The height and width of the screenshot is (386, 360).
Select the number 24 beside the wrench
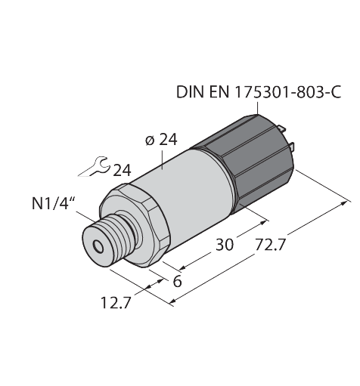[x=121, y=171]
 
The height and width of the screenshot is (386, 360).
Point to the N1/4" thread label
[x=55, y=204]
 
